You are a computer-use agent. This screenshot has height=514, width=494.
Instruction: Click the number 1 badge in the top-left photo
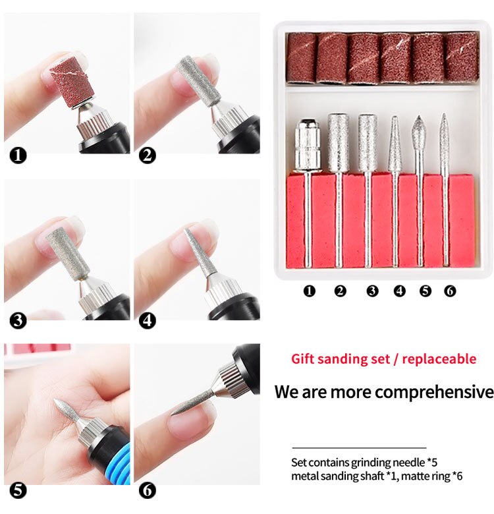click(19, 156)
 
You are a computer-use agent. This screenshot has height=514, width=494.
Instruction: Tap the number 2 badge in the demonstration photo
click(148, 156)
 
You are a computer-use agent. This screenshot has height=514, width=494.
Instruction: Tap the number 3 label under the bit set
click(372, 290)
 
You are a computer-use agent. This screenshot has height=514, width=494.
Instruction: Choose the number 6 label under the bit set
click(450, 290)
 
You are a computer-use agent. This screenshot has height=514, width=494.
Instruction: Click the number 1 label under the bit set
click(309, 290)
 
